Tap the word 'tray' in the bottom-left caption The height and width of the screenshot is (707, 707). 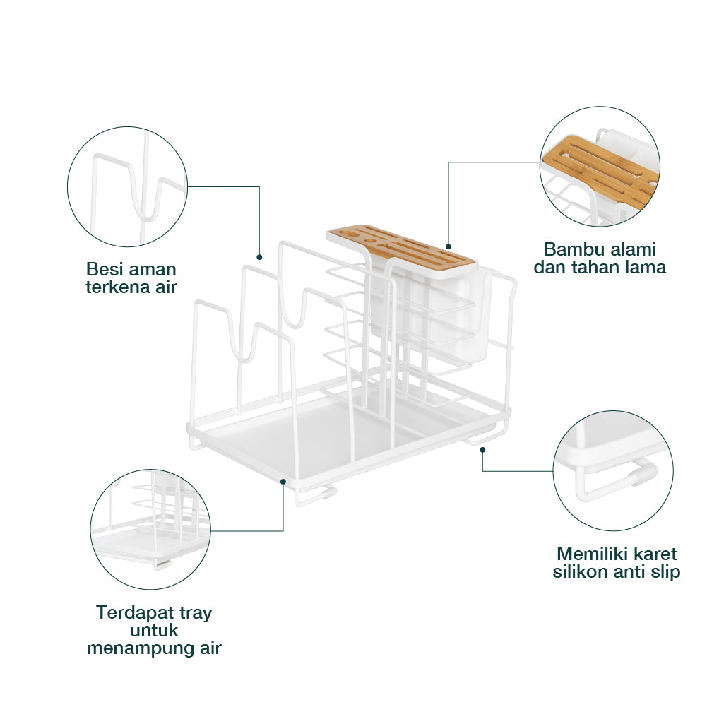195,614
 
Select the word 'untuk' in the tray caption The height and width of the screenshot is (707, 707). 154,631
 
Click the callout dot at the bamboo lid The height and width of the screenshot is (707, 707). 448,246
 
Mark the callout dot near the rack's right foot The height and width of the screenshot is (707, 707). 482,449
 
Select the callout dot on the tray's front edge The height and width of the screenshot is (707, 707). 283,482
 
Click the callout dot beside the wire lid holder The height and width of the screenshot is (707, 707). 259,257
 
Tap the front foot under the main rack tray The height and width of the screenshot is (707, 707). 315,496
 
